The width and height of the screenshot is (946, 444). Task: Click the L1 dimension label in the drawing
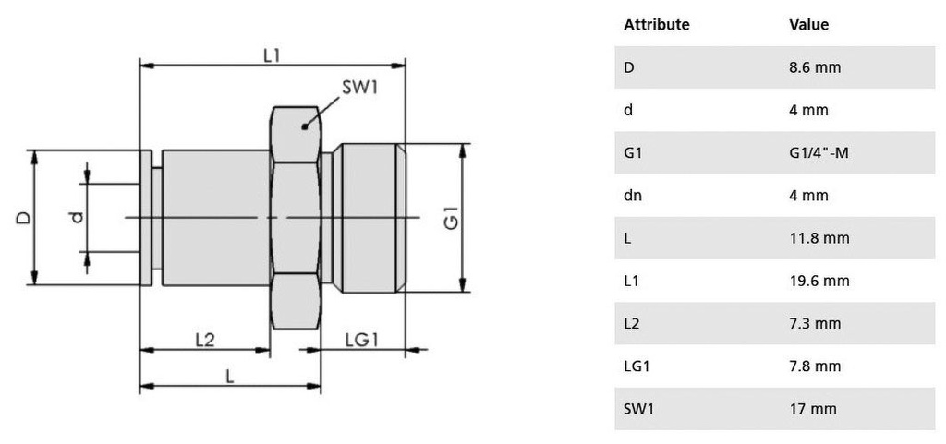click(271, 55)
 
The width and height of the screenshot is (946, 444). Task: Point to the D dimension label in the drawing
click(22, 218)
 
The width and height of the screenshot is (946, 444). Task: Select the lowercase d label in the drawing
click(77, 218)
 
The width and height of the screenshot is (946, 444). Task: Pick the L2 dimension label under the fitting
click(204, 340)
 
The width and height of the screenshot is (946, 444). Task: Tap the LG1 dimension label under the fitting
click(362, 340)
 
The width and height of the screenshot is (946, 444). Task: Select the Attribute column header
click(657, 25)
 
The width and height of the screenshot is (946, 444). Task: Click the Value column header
click(808, 25)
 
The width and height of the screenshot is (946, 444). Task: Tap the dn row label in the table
click(632, 196)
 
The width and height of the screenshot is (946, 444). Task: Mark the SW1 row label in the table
click(638, 409)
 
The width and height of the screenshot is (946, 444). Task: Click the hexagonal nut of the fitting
click(296, 218)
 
